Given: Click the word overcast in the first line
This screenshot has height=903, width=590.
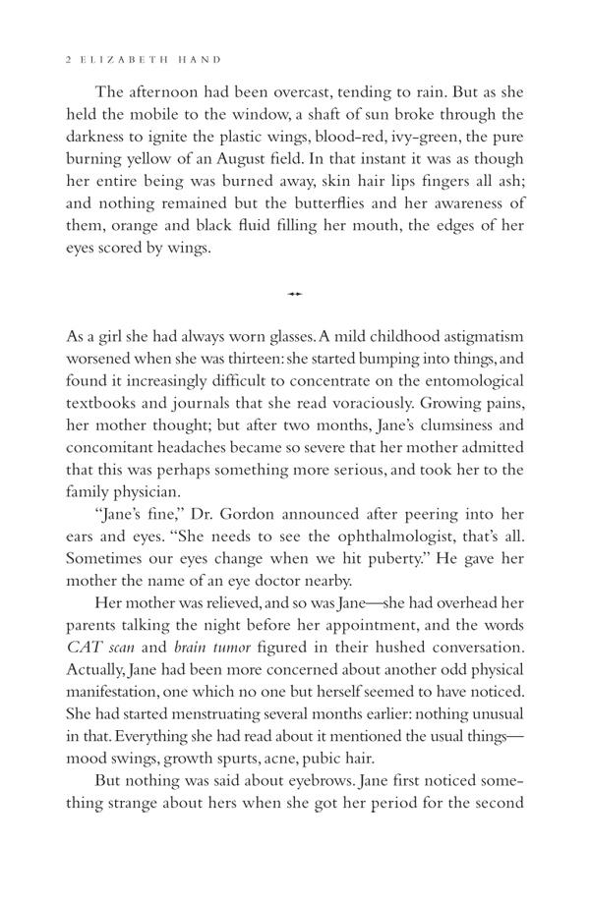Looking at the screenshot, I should pos(340,91).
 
